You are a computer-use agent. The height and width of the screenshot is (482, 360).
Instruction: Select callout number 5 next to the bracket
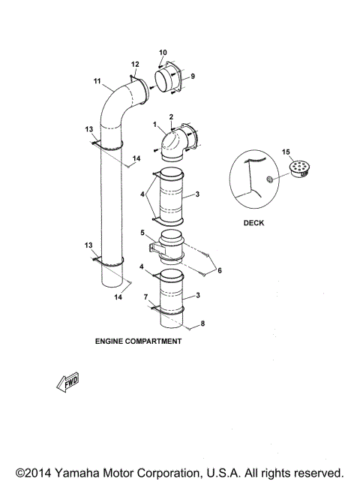[x=142, y=233]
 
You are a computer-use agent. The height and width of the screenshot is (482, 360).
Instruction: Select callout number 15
[x=284, y=153]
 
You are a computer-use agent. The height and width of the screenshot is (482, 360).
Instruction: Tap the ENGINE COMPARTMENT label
[x=138, y=340]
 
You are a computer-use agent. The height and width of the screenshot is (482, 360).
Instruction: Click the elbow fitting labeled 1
[x=175, y=142]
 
